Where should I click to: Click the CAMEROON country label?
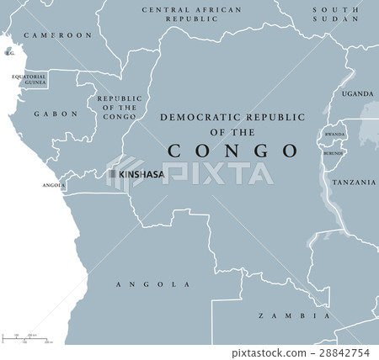click(x=57, y=35)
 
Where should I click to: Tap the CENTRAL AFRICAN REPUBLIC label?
click(x=190, y=13)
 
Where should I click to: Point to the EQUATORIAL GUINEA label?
click(x=28, y=80)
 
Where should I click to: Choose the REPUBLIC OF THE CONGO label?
click(x=120, y=109)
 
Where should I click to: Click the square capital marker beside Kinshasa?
click(x=111, y=174)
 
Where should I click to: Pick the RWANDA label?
click(x=335, y=134)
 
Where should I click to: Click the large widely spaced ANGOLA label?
click(x=152, y=284)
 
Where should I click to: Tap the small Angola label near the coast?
click(x=53, y=185)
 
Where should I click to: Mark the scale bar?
click(x=26, y=338)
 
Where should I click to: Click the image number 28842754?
click(x=347, y=353)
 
